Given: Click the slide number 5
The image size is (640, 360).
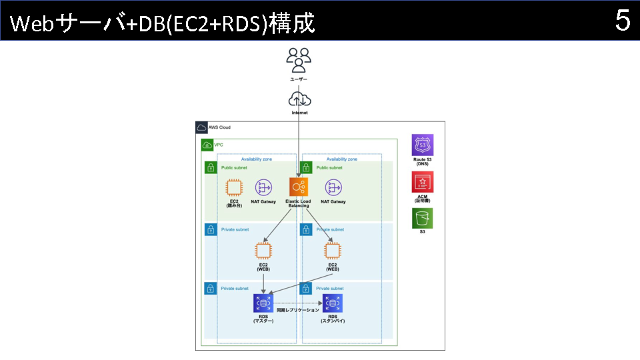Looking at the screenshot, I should coord(623,21).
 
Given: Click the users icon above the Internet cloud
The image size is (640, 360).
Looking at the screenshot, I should coord(299,60).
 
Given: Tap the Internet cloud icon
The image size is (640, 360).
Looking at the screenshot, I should coord(299,99).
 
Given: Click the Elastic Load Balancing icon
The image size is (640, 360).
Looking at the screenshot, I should coord(299,187).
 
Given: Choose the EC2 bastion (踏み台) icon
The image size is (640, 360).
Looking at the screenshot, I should coord(235,187).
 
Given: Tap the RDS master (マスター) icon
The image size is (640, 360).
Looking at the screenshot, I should coord(264,303).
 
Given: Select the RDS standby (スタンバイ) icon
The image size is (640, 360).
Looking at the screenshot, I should coord(333,303).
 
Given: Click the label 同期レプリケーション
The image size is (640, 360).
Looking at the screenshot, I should coord(297,310).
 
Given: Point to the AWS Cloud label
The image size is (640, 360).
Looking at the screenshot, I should coord(219,127).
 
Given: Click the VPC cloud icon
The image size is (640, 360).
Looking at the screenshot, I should coord(207,145).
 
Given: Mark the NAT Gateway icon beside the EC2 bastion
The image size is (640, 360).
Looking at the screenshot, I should coord(264,187).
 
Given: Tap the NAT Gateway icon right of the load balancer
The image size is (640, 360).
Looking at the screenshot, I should coord(333,187).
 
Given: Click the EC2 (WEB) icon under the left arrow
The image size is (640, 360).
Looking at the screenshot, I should coord(264,251).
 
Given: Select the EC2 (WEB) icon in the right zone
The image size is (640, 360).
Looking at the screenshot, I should coord(333,251).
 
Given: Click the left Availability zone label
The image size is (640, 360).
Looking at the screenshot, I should coord(256,159).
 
